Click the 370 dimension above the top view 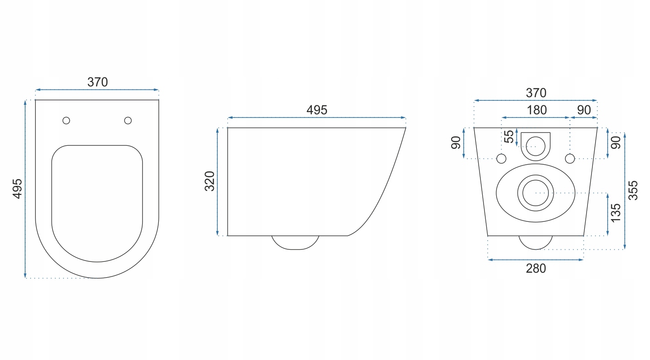point(98,82)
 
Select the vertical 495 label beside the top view point(17,189)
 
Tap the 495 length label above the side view point(317,110)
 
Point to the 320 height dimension point(210,181)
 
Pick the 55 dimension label point(509,137)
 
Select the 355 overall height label point(633,190)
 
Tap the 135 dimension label point(616,212)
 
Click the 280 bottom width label point(536,268)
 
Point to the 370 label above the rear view point(536,93)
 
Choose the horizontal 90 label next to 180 point(584,110)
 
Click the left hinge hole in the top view point(67,120)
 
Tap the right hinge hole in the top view point(128,120)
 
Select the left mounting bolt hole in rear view point(501,158)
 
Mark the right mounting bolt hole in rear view point(570,158)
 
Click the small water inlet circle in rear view point(535,145)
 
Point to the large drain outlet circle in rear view point(535,193)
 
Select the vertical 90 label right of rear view point(616,143)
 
